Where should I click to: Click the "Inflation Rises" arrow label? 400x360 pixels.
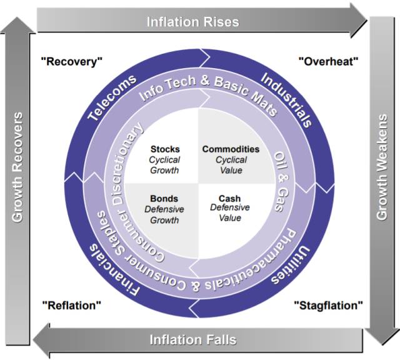point(192,22)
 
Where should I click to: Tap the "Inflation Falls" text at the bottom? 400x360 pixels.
point(192,340)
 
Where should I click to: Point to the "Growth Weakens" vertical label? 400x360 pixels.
point(381,167)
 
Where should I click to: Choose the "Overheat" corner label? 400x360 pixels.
point(328,61)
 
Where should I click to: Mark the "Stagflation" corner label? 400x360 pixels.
point(328,306)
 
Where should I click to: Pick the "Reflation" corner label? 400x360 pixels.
point(72,306)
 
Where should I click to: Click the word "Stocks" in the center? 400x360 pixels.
point(165,149)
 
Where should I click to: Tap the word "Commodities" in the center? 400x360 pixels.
point(231,149)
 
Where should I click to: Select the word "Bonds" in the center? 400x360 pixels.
point(164,199)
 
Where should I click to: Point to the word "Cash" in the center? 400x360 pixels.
point(230,199)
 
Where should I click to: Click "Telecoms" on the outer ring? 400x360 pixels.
point(112,98)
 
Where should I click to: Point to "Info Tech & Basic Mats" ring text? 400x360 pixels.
point(200,88)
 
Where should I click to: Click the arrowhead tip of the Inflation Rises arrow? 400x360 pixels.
point(366,21)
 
